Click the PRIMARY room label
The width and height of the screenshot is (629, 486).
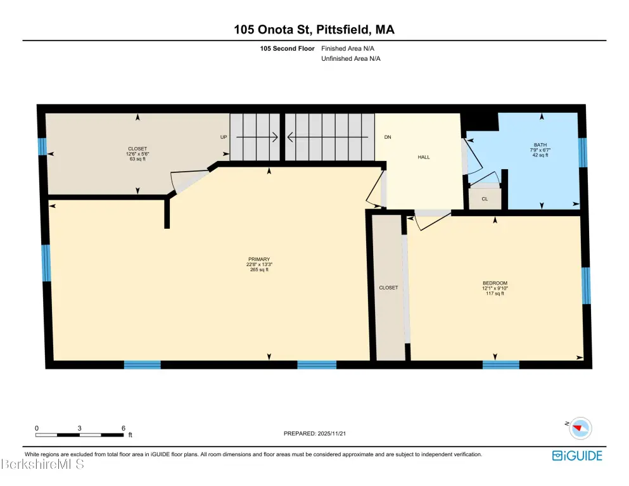pyautogui.click(x=258, y=259)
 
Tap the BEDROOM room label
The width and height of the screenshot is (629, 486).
pyautogui.click(x=495, y=283)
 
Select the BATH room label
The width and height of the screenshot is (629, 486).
pyautogui.click(x=540, y=145)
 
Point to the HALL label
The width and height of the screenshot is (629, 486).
pyautogui.click(x=424, y=157)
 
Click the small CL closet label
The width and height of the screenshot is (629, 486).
pyautogui.click(x=485, y=199)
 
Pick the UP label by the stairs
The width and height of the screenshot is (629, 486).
pyautogui.click(x=224, y=137)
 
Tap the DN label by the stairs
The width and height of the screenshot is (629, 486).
pyautogui.click(x=388, y=137)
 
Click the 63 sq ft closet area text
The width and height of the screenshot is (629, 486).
pyautogui.click(x=137, y=159)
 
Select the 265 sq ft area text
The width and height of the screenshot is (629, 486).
pyautogui.click(x=258, y=270)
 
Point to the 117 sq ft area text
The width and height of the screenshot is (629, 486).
pyautogui.click(x=495, y=293)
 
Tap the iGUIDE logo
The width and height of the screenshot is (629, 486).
pyautogui.click(x=577, y=456)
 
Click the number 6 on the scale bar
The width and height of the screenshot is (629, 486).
pyautogui.click(x=124, y=428)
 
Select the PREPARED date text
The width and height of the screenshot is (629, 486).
pyautogui.click(x=314, y=433)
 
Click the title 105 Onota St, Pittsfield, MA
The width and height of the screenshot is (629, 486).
pyautogui.click(x=314, y=29)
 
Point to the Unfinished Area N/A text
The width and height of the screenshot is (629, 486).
pyautogui.click(x=350, y=58)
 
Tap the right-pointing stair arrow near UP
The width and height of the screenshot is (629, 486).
pyautogui.click(x=257, y=137)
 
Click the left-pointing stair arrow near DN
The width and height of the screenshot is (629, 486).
pyautogui.click(x=327, y=137)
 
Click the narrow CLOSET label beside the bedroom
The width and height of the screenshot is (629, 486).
pyautogui.click(x=388, y=288)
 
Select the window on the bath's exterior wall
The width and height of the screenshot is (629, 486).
pyautogui.click(x=583, y=153)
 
